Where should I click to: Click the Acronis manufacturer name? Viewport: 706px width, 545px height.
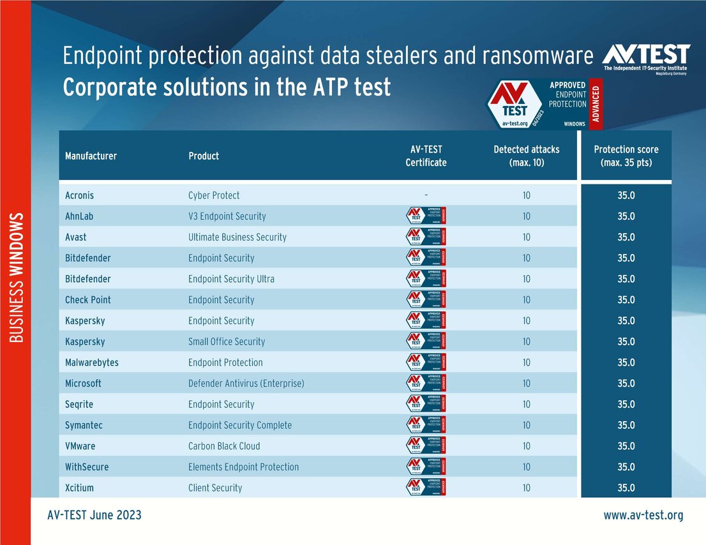click(80, 195)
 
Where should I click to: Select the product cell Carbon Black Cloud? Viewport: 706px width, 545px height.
click(224, 446)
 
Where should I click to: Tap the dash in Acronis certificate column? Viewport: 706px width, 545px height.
click(426, 195)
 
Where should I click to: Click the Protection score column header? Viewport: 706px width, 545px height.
click(626, 156)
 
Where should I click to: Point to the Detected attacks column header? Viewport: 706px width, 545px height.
click(526, 156)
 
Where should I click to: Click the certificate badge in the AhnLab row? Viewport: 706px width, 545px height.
click(426, 216)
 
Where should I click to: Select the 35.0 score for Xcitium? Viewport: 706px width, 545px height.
click(626, 488)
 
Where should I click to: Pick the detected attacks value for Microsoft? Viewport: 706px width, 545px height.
click(526, 384)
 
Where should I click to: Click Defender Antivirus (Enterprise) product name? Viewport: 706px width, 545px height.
click(246, 384)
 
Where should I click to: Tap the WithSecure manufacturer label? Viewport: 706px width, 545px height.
click(87, 467)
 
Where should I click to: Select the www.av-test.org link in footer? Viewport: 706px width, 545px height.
click(643, 515)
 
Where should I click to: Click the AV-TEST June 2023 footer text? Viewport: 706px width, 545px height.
click(94, 515)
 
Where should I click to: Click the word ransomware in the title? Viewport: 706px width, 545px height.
click(537, 57)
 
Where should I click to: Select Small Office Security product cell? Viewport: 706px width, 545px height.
click(227, 341)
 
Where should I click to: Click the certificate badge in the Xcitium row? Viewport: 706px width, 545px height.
click(426, 488)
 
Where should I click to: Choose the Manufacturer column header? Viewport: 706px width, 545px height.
click(91, 156)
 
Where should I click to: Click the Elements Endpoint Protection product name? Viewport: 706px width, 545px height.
click(243, 467)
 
